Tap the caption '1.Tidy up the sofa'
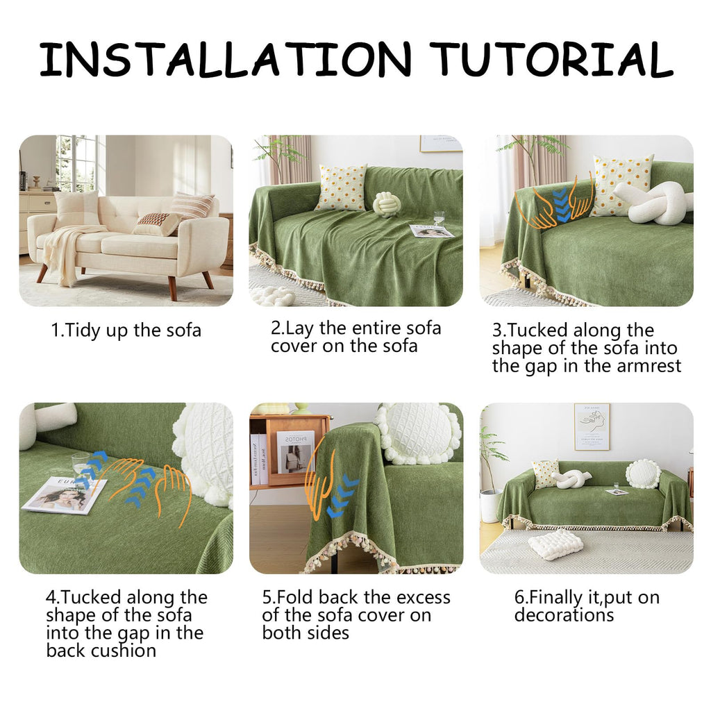click(x=126, y=331)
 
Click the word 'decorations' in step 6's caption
click(x=564, y=615)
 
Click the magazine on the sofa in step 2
click(x=430, y=231)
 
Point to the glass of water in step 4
click(x=81, y=471)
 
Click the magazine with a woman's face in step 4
click(x=65, y=496)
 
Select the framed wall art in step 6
click(x=592, y=426)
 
